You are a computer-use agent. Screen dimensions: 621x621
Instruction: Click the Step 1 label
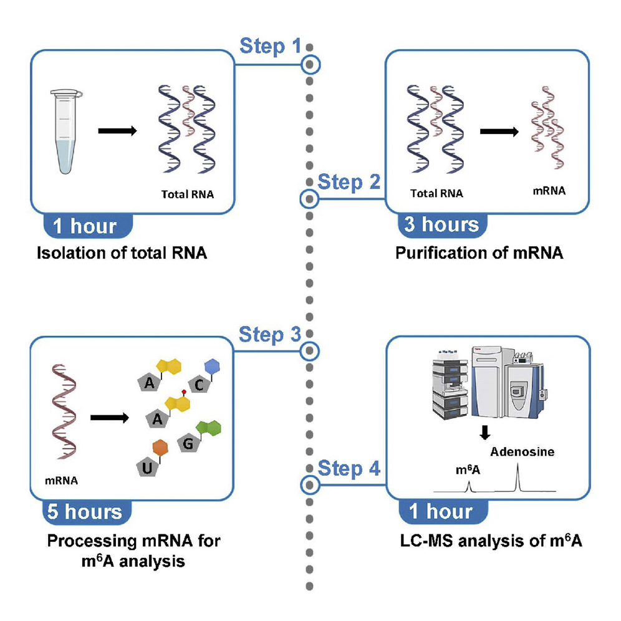point(270,46)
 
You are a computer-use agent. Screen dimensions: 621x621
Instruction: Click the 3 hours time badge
point(441,224)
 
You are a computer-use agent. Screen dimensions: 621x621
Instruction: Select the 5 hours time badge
point(86,513)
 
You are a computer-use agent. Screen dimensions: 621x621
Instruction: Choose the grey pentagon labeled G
point(187,444)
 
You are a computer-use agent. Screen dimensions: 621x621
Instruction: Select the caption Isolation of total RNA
point(122,254)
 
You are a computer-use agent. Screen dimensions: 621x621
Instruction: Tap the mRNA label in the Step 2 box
point(549,191)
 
